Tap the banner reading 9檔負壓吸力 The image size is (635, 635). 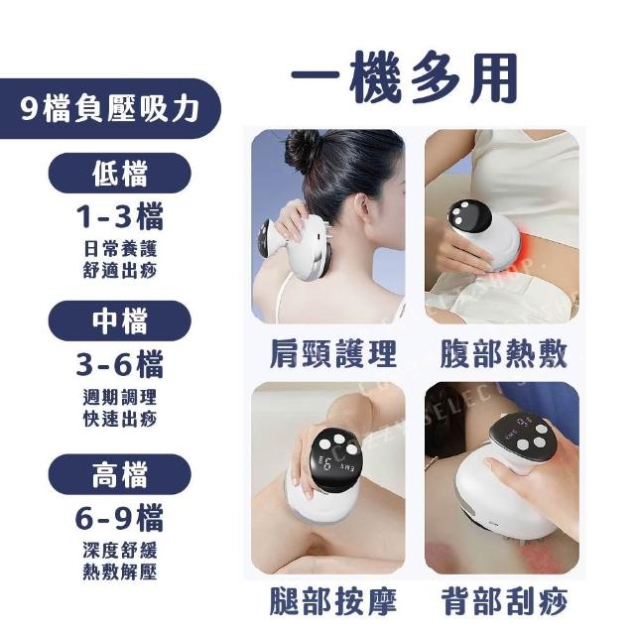click(x=110, y=108)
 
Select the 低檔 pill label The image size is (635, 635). click(x=119, y=174)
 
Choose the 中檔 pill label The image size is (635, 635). click(x=119, y=320)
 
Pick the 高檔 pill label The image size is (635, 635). click(x=119, y=474)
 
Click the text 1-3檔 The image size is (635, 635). click(x=120, y=217)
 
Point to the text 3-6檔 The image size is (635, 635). click(x=120, y=364)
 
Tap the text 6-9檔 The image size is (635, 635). click(x=120, y=518)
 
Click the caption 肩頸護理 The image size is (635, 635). click(x=333, y=354)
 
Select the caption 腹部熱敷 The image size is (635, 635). click(x=503, y=354)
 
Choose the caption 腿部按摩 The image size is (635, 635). click(x=333, y=601)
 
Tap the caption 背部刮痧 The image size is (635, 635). click(x=504, y=601)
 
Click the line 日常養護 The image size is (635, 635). click(x=120, y=249)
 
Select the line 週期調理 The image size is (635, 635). click(x=120, y=397)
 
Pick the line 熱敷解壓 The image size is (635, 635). click(x=120, y=571)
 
